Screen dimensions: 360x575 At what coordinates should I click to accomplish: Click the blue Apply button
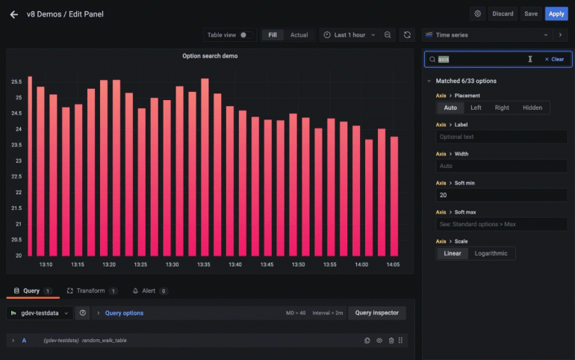point(556,13)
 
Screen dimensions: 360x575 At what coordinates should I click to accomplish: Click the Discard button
point(503,13)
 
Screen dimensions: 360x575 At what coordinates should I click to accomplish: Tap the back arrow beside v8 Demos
point(13,14)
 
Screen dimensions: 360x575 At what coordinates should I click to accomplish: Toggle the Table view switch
point(246,35)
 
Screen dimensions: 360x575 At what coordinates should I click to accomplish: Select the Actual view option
point(299,35)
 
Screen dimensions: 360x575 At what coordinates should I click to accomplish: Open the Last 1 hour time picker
point(346,35)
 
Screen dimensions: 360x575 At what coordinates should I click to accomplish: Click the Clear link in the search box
point(554,59)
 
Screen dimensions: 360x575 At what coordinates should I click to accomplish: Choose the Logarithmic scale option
point(491,253)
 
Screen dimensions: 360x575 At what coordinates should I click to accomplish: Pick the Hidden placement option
point(532,108)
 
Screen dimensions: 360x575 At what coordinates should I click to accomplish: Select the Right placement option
point(502,108)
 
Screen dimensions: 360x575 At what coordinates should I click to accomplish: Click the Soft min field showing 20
point(502,195)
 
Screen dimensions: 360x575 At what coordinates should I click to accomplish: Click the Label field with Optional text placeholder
point(502,137)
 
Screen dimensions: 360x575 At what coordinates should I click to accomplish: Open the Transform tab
point(90,291)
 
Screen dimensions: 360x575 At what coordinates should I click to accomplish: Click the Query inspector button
point(377,313)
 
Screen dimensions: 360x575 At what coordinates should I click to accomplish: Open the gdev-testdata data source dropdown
point(41,313)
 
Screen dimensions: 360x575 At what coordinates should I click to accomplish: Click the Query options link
point(124,313)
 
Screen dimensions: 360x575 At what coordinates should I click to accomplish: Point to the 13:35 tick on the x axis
point(204,264)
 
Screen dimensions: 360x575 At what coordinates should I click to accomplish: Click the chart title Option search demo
point(210,56)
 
